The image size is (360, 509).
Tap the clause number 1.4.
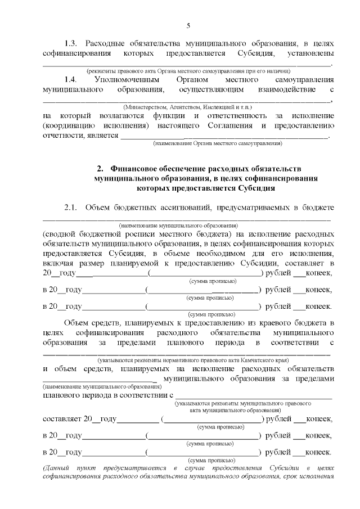click(71, 80)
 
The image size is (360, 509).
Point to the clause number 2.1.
click(71, 209)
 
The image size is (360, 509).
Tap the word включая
click(57, 263)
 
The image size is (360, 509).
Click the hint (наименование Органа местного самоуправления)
click(217, 143)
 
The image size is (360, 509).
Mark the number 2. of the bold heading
click(101, 168)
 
